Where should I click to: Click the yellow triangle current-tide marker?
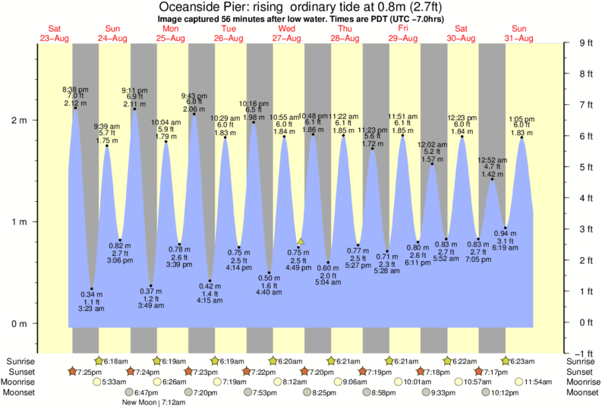click(x=301, y=241)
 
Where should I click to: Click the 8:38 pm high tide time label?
click(x=74, y=89)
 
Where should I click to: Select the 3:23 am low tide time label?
click(x=91, y=309)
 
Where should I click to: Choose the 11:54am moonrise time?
click(x=541, y=382)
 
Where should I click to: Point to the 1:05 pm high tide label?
click(x=521, y=118)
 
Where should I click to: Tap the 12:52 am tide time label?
click(x=492, y=160)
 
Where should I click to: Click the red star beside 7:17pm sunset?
click(x=479, y=372)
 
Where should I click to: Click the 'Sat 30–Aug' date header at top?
click(x=461, y=33)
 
